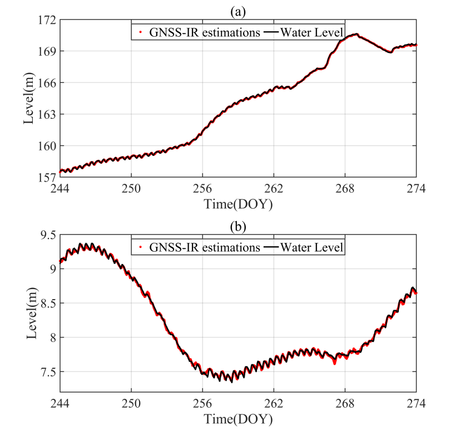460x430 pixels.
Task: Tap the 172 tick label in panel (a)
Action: (x=47, y=20)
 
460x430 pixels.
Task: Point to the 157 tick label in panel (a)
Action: (x=47, y=178)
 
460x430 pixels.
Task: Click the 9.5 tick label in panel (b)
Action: (x=47, y=235)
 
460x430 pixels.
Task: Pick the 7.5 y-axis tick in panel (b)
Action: (x=47, y=372)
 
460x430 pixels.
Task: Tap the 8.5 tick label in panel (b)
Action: (x=47, y=304)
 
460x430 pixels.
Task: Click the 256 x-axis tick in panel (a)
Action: (x=202, y=188)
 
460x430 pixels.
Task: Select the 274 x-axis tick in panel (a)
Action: (x=416, y=188)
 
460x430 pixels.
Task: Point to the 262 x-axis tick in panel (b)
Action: (x=274, y=403)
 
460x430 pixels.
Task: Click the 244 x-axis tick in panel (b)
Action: (x=60, y=403)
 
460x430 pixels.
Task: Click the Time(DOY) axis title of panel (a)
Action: (x=238, y=204)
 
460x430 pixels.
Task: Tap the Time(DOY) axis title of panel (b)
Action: (x=238, y=418)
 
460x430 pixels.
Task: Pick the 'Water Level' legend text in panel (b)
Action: (x=311, y=246)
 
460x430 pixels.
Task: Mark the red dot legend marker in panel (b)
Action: (x=141, y=246)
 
